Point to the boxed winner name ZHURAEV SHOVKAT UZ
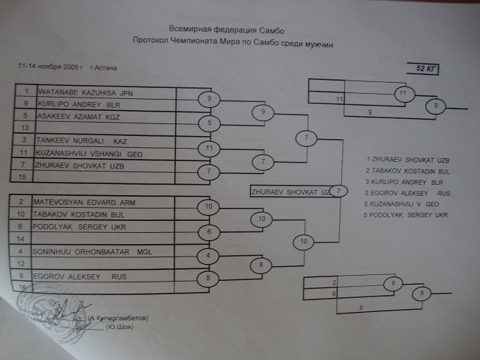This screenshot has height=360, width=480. [x=289, y=191]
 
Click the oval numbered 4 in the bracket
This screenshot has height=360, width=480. [x=209, y=256]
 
